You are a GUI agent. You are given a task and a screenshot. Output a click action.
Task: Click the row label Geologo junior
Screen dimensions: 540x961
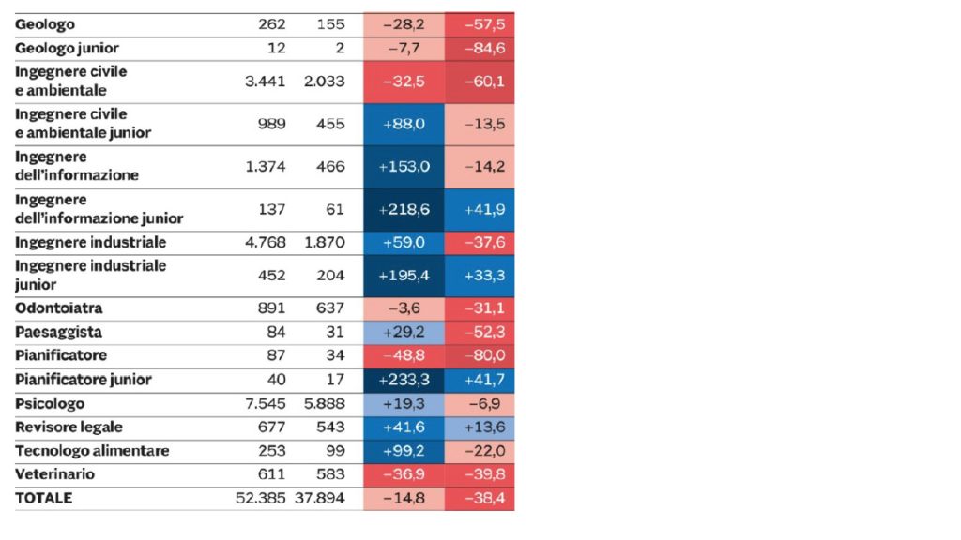67,48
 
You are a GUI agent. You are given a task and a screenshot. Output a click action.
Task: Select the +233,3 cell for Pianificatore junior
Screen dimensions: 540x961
404,380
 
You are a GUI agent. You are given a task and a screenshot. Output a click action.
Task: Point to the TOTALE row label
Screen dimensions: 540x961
43,498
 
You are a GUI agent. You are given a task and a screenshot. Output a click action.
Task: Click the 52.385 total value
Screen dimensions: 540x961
261,498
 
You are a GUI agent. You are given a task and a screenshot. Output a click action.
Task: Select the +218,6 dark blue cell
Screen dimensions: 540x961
404,210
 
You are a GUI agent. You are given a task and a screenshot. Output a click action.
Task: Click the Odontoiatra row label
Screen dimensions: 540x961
59,308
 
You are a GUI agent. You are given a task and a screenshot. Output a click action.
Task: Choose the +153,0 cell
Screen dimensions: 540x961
404,167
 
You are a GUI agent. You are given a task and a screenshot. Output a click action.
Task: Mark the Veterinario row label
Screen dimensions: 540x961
55,474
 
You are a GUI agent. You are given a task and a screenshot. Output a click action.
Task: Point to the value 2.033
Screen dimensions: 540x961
325,82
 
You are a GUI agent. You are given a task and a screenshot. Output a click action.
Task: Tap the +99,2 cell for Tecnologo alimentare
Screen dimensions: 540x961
404,451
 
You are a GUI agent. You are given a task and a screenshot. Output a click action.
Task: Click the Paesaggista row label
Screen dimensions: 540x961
59,332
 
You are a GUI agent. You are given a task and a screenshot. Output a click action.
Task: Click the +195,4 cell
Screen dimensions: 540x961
404,276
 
